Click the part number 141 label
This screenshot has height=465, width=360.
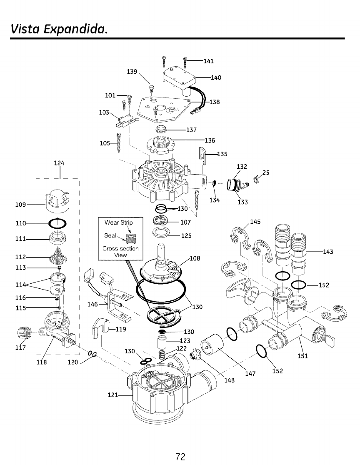[x=208, y=61]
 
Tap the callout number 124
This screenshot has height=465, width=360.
[x=59, y=162]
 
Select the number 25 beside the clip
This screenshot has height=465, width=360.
[x=266, y=172]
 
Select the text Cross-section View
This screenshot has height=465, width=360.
[x=120, y=252]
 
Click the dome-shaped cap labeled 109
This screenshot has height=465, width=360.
[x=59, y=197]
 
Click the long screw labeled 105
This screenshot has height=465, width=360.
[x=120, y=143]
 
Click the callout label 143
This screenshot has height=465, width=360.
[x=328, y=252]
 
